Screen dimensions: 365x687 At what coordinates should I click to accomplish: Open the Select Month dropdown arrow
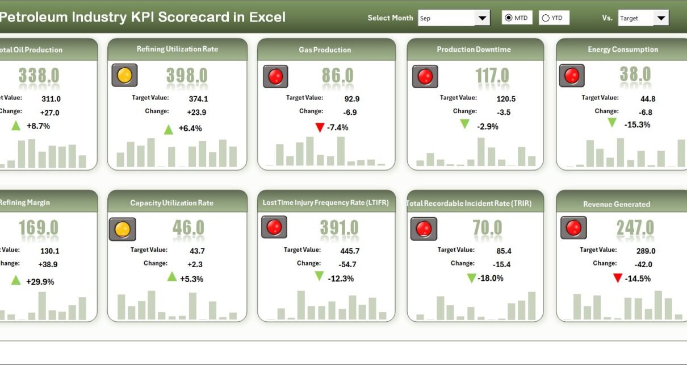coord(482,18)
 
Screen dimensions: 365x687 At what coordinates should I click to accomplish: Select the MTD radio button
coord(508,18)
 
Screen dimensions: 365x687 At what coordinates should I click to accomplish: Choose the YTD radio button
coord(546,18)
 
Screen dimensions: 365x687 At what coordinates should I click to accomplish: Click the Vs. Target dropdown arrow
coord(661,18)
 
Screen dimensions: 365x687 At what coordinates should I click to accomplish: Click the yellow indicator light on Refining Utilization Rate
coord(124,75)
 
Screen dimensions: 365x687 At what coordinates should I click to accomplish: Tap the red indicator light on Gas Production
coord(275,76)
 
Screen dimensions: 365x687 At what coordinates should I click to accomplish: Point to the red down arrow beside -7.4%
coord(320,127)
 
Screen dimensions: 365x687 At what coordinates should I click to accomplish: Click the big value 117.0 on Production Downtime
coord(492,76)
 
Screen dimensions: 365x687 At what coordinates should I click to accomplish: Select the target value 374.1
coord(194,98)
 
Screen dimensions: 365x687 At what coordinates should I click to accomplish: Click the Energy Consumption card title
coord(623,49)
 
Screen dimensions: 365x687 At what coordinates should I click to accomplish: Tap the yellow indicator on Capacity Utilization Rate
coord(123,229)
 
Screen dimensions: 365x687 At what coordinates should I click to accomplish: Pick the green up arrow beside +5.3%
coord(172,277)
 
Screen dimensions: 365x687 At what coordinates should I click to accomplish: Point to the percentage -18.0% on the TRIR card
coord(491,279)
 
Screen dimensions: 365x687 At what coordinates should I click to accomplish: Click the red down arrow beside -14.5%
coord(618,278)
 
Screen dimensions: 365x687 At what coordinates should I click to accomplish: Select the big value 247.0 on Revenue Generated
coord(635,229)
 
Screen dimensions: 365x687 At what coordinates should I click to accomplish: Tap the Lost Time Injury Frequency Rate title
coord(325,202)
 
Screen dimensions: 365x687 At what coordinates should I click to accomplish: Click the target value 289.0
coord(645,251)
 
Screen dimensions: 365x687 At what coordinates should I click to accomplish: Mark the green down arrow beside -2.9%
coord(465,124)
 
